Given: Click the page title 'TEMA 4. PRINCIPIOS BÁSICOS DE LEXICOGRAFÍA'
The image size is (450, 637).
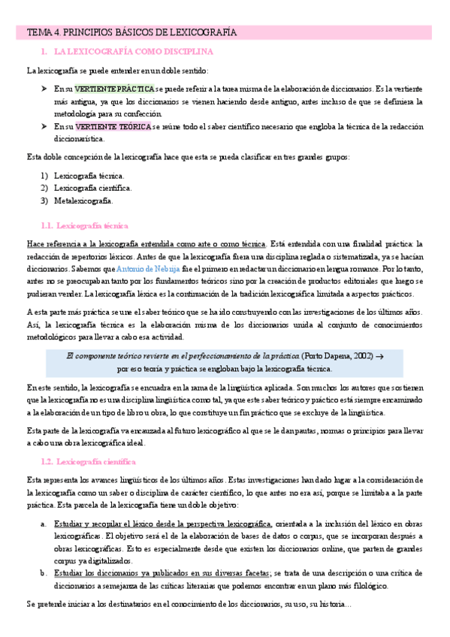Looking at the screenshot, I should [x=132, y=33].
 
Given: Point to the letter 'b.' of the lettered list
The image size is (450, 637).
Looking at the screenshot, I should [x=44, y=572].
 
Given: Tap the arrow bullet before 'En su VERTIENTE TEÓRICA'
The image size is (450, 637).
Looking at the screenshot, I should [x=44, y=126].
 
